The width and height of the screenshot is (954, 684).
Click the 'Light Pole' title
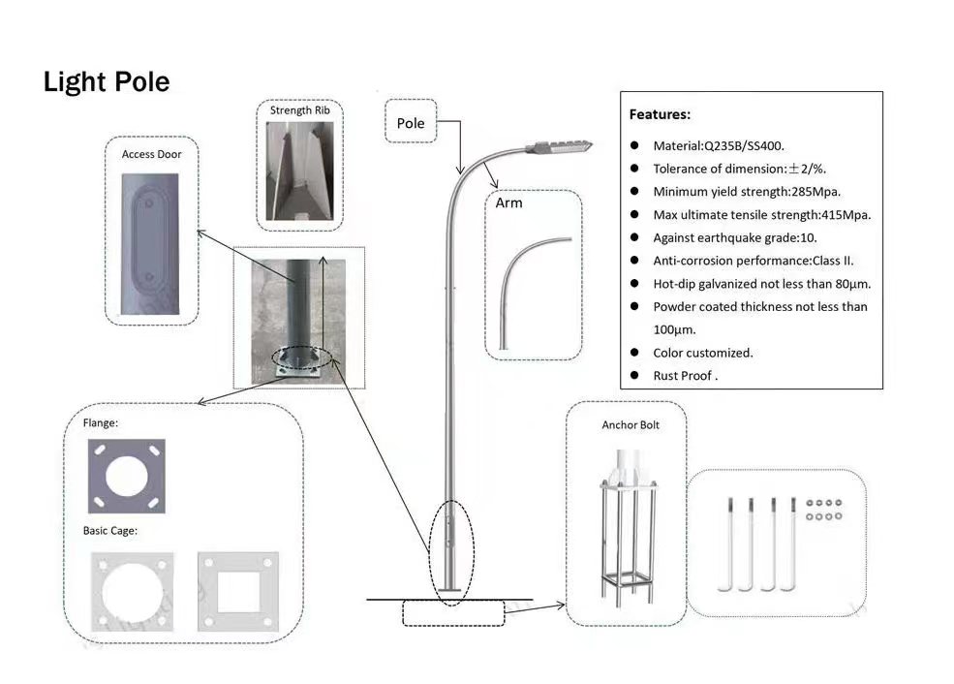[x=107, y=82]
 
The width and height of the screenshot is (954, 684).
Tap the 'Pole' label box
[x=411, y=123]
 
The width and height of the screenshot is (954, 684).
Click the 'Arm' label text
[x=508, y=202]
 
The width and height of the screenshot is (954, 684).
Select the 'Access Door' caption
[x=151, y=154]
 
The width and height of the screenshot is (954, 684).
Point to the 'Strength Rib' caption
[x=299, y=110]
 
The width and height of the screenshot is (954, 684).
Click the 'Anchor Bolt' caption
[x=630, y=425]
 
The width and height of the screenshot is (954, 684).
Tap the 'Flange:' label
[x=101, y=423]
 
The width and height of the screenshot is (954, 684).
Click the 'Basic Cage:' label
[x=109, y=531]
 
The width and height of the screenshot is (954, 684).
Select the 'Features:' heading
[x=660, y=114]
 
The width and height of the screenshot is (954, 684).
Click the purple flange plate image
[x=126, y=476]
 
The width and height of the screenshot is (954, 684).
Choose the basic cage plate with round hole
[x=131, y=592]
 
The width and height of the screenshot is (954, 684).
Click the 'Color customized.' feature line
[x=702, y=353]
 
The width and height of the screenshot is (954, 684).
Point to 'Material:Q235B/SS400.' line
[x=725, y=145]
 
